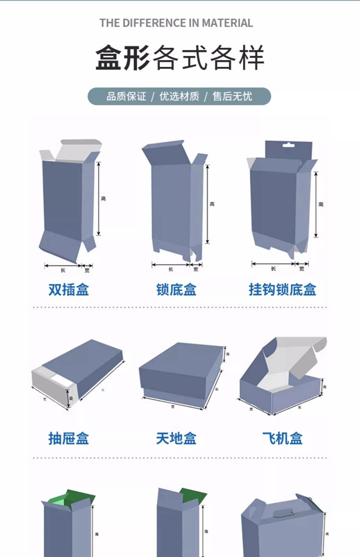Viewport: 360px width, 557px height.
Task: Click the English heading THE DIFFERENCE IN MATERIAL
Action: (x=176, y=23)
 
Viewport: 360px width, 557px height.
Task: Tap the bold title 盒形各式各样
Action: (x=180, y=58)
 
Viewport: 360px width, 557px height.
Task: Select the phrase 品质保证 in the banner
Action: (x=126, y=96)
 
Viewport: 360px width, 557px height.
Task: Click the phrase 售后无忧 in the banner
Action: (x=232, y=96)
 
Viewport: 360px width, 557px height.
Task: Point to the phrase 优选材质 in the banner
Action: (x=179, y=96)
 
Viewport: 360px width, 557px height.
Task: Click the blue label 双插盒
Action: (x=69, y=290)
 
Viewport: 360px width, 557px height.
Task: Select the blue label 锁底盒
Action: (x=176, y=290)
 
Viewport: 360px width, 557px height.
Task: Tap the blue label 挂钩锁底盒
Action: (x=282, y=290)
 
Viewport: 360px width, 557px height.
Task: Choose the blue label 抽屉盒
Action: (x=69, y=438)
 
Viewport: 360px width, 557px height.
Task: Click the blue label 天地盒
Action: (x=176, y=438)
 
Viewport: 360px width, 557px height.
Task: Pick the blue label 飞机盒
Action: (x=282, y=438)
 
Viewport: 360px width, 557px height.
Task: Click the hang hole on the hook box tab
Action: (x=288, y=145)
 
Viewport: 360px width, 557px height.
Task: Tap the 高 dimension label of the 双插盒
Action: (x=103, y=198)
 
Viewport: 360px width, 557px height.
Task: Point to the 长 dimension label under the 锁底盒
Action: (x=170, y=270)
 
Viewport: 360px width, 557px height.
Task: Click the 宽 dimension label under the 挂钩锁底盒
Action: (x=301, y=269)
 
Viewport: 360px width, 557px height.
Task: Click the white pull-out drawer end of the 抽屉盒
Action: (x=53, y=386)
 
